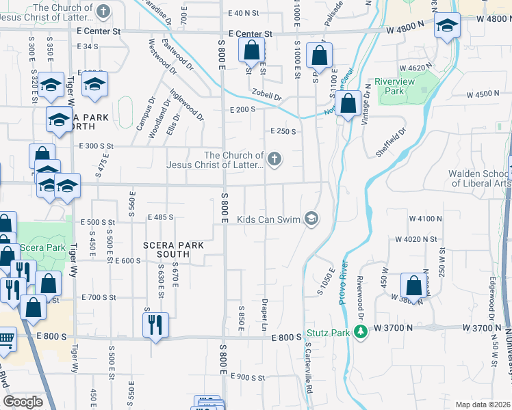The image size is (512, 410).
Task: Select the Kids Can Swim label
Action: pos(270,219)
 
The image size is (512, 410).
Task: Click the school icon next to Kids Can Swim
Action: pos(311,219)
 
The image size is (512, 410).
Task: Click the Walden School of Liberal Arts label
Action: pos(479,178)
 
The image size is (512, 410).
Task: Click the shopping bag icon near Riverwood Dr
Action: pos(414,285)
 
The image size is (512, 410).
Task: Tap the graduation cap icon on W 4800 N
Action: pos(446,27)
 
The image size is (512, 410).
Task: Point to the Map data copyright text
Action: pos(483,405)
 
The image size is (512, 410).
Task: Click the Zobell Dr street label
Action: pos(266,96)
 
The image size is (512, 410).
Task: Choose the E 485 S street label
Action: pos(160,217)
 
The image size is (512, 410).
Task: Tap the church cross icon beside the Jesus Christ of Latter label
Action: pos(274,160)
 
